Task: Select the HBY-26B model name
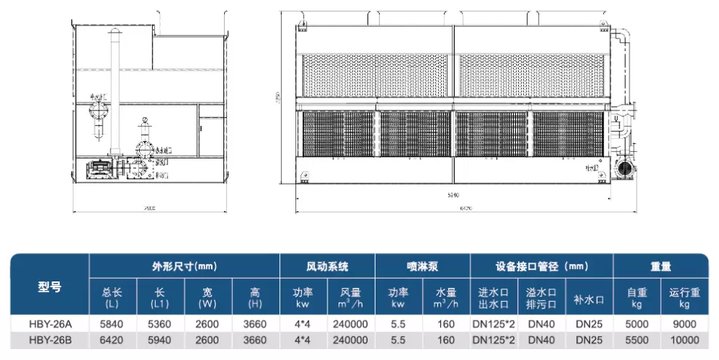point(49,340)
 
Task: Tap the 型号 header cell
point(49,287)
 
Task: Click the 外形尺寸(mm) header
point(184,266)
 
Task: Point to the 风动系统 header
point(327,266)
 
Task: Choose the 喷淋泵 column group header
point(422,266)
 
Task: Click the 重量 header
point(660,266)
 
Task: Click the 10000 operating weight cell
point(685,340)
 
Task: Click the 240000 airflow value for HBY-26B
point(349,340)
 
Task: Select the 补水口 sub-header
point(588,298)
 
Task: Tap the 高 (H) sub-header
point(255,298)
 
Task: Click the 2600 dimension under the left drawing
point(149,208)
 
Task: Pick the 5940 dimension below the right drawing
point(453,196)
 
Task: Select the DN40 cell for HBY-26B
point(541,340)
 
